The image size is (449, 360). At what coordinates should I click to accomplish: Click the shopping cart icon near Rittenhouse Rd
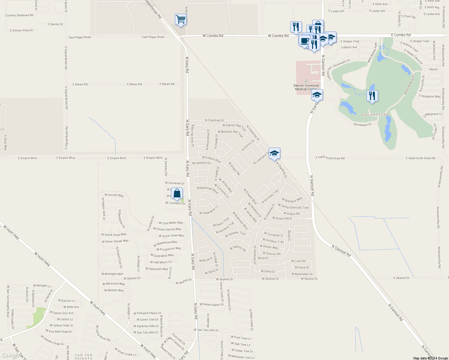click(181, 20)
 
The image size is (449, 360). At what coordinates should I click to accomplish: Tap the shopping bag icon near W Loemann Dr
click(177, 194)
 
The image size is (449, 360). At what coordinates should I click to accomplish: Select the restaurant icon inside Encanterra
click(372, 96)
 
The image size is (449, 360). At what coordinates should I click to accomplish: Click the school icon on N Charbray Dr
click(274, 154)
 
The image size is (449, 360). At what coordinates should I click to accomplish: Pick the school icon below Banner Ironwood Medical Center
click(317, 95)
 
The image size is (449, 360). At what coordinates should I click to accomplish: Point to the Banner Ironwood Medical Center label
click(306, 87)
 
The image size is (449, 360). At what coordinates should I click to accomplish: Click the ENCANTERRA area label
click(375, 115)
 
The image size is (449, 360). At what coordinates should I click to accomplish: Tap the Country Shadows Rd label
click(19, 15)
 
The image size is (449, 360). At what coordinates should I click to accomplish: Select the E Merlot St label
click(56, 24)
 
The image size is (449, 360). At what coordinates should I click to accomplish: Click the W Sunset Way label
click(114, 195)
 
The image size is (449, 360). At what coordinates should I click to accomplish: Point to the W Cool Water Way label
click(171, 223)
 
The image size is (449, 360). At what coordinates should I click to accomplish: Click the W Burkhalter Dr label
click(302, 274)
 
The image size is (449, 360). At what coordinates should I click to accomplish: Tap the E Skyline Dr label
click(401, 278)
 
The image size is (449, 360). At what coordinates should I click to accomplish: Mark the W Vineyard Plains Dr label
click(147, 313)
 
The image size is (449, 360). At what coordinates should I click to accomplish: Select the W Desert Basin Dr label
click(212, 304)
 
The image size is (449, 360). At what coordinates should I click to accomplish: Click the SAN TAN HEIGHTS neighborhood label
click(83, 357)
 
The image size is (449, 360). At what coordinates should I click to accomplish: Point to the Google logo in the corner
click(11, 355)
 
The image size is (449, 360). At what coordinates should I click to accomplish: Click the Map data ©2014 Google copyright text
click(430, 358)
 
